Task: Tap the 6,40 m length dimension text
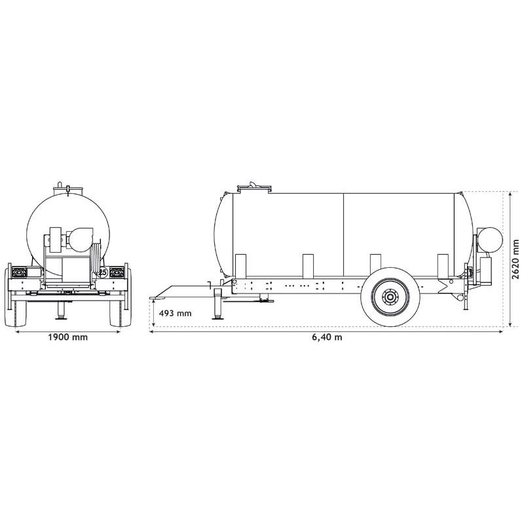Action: pos(327,337)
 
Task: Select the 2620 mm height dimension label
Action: pos(515,259)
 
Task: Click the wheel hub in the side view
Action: pos(390,297)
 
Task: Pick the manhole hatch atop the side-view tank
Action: pos(254,187)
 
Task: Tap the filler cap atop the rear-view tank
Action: pos(68,188)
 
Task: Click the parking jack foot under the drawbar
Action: pos(216,319)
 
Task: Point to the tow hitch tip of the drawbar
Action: pos(155,298)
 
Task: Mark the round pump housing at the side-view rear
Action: pos(487,240)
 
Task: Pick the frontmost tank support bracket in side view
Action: pos(240,266)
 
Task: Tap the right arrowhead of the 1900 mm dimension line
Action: pos(120,331)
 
